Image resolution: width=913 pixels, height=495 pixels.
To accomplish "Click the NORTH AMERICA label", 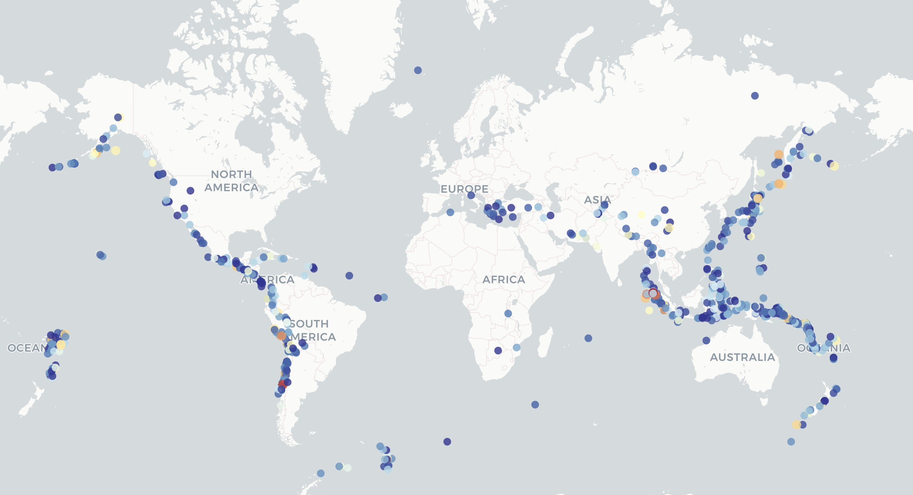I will pyautogui.click(x=231, y=181).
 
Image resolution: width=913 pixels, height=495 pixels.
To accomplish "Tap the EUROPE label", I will pyautogui.click(x=464, y=189).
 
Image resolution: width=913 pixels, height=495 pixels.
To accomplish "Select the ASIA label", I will pyautogui.click(x=598, y=200).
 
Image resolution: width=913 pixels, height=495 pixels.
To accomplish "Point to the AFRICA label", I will pyautogui.click(x=504, y=280).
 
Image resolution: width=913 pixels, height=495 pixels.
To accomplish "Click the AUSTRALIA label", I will pyautogui.click(x=743, y=357).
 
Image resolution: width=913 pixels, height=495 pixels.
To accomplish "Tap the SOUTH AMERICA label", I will pyautogui.click(x=312, y=330).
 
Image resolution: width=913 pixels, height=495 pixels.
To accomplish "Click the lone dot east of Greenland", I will pyautogui.click(x=418, y=70).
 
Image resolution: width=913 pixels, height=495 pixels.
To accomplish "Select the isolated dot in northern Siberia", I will pyautogui.click(x=755, y=96).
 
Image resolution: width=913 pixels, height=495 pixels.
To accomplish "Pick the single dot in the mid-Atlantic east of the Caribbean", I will pyautogui.click(x=349, y=276).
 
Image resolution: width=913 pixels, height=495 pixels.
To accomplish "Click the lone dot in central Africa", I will pyautogui.click(x=508, y=314).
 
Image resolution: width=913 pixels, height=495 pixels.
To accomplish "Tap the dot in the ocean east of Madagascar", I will pyautogui.click(x=588, y=338).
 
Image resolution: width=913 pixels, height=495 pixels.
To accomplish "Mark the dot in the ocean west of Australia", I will pyautogui.click(x=706, y=341).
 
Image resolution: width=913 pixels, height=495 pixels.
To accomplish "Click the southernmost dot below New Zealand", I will pyautogui.click(x=791, y=442).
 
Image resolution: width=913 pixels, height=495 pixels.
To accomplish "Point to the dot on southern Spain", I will pyautogui.click(x=450, y=212).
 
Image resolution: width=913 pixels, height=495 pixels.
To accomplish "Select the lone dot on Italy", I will pyautogui.click(x=471, y=195).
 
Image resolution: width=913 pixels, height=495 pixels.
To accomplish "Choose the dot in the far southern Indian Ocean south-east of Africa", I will pyautogui.click(x=535, y=405).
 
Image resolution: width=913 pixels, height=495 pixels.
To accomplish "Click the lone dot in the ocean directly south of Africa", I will pyautogui.click(x=447, y=442).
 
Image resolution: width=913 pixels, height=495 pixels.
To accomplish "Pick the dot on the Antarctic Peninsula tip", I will pyautogui.click(x=321, y=473).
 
